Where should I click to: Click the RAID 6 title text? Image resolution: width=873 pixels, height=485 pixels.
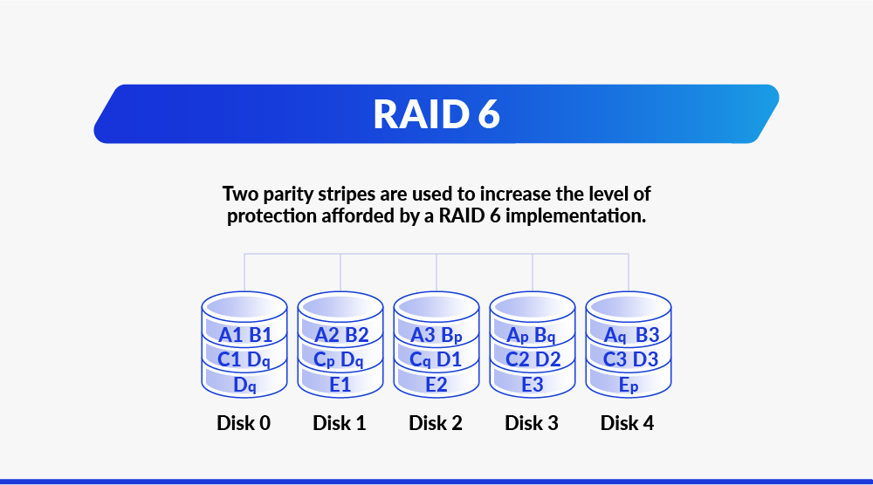pos(436,114)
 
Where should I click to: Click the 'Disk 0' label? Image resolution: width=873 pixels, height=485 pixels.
pos(244,423)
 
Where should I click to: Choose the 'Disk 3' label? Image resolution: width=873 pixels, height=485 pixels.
pos(531,423)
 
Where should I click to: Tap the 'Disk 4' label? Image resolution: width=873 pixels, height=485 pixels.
pos(627,423)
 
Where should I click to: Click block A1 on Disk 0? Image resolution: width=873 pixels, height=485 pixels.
pos(230,335)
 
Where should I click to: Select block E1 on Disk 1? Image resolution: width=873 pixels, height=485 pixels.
pos(340,385)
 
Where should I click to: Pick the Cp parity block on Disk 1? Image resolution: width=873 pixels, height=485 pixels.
pos(324,360)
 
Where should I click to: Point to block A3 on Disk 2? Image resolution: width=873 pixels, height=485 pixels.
pos(423,335)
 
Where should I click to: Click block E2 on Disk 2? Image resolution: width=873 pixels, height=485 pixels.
pos(436,385)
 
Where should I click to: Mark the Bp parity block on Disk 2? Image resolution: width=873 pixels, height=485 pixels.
pos(451,335)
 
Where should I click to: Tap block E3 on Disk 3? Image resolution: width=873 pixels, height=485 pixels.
pos(533,385)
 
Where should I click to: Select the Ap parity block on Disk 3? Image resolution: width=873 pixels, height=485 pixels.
pos(517,335)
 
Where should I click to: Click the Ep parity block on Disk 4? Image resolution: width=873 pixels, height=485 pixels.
pos(629,385)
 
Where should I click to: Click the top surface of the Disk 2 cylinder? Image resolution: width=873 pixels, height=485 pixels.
pos(436,306)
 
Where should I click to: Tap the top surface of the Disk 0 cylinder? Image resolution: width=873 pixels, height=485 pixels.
pos(244,306)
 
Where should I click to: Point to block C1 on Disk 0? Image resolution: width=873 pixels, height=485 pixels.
pos(229,359)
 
